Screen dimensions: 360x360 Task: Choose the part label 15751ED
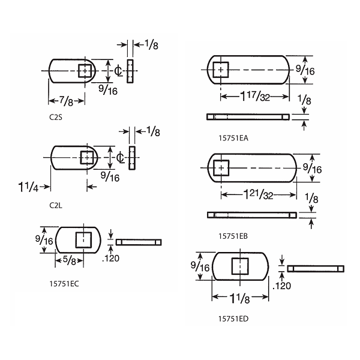click(233, 319)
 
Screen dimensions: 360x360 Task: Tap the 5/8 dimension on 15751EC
click(68, 260)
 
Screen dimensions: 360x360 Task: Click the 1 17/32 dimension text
click(256, 97)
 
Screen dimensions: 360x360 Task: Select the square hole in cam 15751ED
click(241, 266)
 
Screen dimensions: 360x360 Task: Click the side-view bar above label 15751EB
click(251, 215)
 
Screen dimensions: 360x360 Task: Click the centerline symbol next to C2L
click(120, 158)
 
